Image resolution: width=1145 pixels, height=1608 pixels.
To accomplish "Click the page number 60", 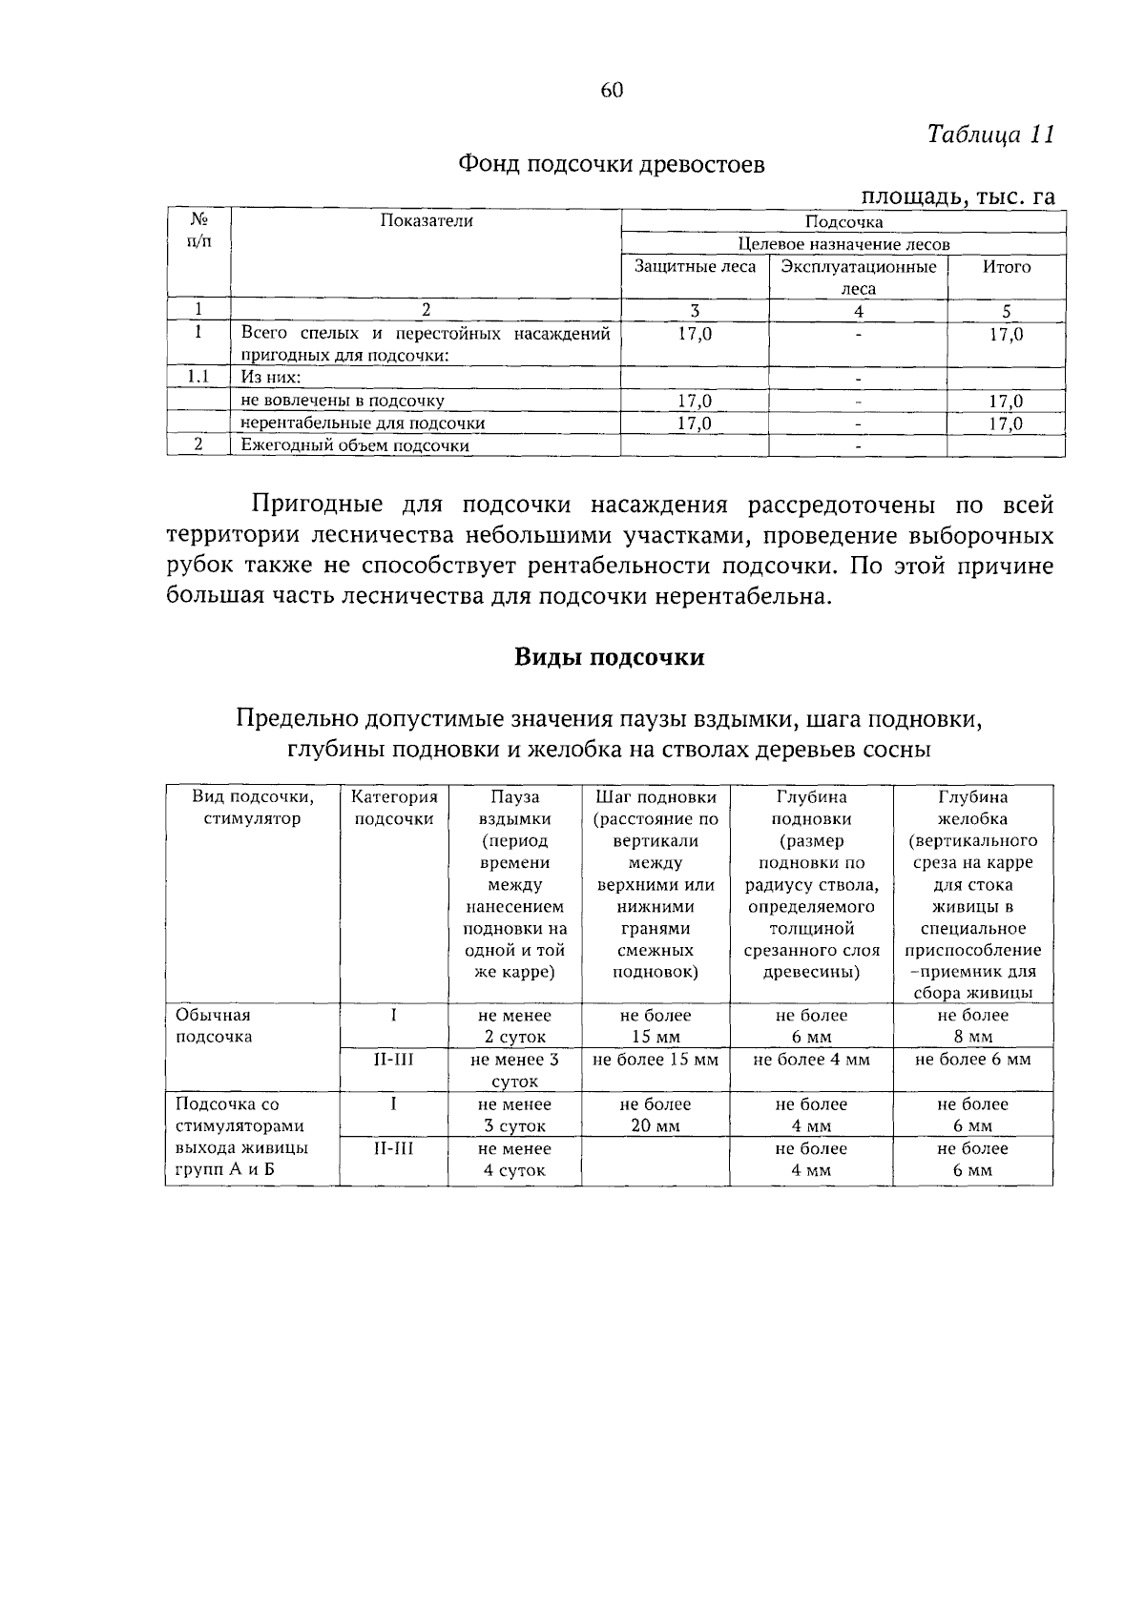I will (x=612, y=91).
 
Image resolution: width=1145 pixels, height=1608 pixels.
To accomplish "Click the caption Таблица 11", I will (x=990, y=134).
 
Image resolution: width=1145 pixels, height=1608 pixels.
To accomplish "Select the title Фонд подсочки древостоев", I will (x=612, y=165).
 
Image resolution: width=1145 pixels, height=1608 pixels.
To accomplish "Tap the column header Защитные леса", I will (x=695, y=267).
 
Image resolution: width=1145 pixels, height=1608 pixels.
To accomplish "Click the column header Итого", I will (x=1007, y=267).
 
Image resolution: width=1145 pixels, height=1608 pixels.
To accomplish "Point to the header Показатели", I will (x=427, y=221).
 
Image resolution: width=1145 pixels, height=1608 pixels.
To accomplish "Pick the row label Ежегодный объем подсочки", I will (x=355, y=445).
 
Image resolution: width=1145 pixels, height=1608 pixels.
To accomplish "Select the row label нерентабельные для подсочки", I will (x=363, y=423).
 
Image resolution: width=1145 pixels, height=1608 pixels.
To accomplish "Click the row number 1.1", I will (x=198, y=377).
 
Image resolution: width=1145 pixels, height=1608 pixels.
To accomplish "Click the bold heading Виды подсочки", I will (x=610, y=657).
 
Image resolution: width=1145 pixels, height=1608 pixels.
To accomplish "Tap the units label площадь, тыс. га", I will (x=958, y=197).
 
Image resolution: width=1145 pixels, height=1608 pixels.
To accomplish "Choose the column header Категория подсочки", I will (x=394, y=808).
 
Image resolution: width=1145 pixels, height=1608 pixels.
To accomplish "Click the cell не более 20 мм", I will (x=656, y=1115).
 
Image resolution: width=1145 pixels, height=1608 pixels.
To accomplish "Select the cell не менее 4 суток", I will (x=514, y=1160).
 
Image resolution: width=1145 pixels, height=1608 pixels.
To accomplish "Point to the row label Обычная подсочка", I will (x=214, y=1026).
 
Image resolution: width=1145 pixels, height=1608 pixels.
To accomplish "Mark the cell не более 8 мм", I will (x=972, y=1026).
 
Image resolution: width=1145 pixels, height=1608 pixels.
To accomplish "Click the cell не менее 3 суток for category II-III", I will (x=514, y=1070).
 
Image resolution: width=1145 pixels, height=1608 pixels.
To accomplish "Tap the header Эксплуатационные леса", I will (x=858, y=277).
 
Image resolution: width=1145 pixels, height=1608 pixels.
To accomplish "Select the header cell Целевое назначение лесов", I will (x=843, y=244).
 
